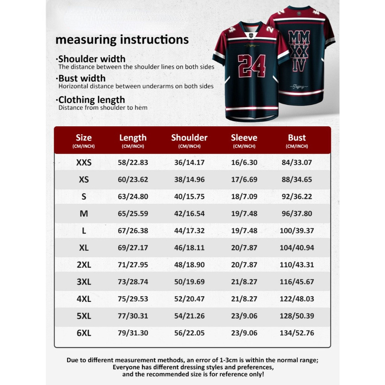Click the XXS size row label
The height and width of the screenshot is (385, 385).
pos(84,163)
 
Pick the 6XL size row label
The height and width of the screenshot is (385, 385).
pos(84,333)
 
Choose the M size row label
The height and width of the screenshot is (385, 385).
pos(84,214)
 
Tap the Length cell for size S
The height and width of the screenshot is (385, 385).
pos(133,197)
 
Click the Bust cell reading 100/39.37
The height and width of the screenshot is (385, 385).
pos(297,231)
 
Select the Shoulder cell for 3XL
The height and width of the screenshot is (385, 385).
pos(189,282)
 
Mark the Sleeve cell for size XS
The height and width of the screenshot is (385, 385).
pos(244,180)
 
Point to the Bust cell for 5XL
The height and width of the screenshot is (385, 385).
pos(297,316)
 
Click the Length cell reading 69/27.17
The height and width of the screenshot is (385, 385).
pos(133,248)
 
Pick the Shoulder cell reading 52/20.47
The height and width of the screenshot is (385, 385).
pos(189,299)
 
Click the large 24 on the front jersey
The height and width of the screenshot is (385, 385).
pos(252,66)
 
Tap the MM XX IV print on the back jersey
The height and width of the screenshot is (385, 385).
pos(299,51)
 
